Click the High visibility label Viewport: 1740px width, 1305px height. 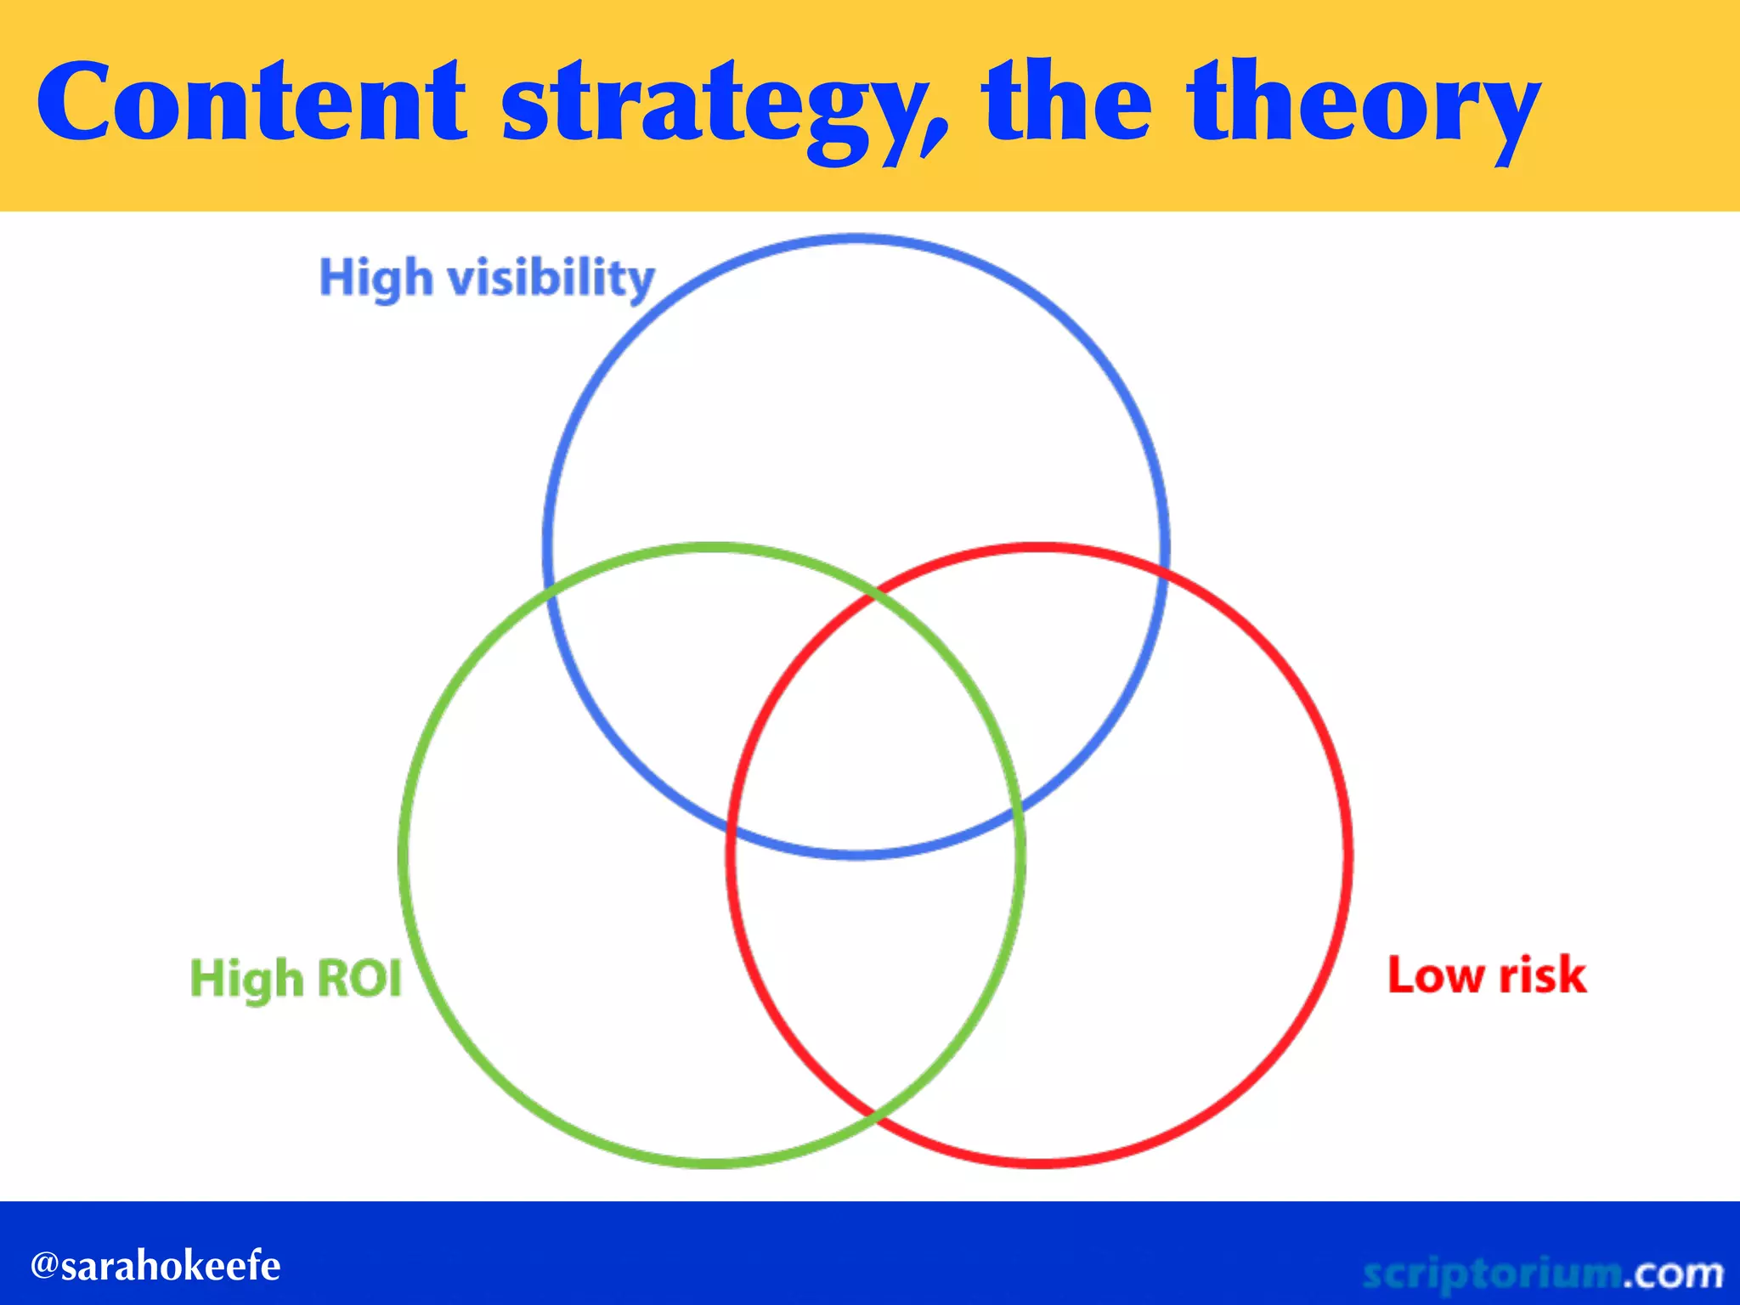pos(487,278)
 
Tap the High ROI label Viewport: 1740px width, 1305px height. pos(295,978)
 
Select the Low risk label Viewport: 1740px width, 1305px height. pos(1486,975)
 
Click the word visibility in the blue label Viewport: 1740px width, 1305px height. pos(551,278)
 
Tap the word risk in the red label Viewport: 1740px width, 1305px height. pos(1542,975)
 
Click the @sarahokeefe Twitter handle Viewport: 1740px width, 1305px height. pos(155,1266)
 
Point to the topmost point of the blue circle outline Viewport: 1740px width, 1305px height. pos(856,239)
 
